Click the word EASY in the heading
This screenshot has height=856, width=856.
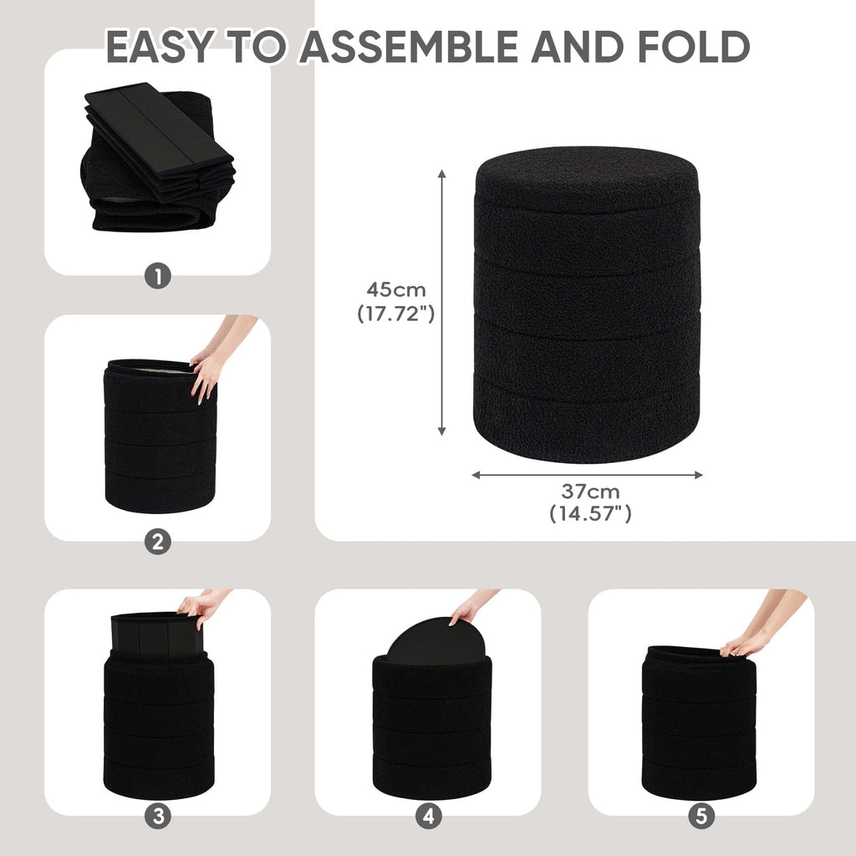160,47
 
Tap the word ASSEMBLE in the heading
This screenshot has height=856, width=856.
409,47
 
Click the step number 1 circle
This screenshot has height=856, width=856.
158,276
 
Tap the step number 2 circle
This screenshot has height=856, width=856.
158,542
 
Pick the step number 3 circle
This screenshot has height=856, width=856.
158,816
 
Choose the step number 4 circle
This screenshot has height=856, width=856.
429,816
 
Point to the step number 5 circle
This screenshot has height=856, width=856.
701,816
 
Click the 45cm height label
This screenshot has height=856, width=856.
395,288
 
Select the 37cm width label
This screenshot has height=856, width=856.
591,492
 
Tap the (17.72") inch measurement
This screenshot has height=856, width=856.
395,313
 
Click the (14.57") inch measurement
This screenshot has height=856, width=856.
591,513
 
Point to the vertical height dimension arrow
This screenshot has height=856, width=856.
442,303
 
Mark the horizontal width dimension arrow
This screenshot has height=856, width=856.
588,475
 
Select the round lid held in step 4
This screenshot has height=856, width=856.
436,641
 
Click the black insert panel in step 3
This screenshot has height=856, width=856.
156,635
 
